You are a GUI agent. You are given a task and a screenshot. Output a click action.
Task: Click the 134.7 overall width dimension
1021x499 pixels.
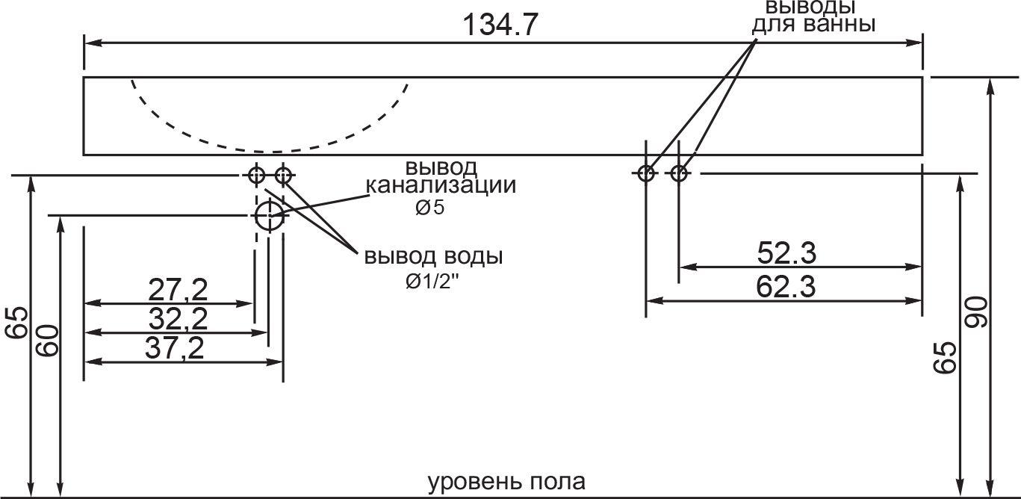(500, 25)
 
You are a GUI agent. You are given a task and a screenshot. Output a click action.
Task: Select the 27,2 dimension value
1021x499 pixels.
(177, 289)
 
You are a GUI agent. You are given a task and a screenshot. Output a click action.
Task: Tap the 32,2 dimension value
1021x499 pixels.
(177, 319)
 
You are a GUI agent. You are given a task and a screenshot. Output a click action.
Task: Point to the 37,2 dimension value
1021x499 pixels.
(177, 347)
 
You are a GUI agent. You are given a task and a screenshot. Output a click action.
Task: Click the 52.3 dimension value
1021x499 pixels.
(786, 254)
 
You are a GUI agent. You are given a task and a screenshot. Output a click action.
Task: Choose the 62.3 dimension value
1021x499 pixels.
(786, 286)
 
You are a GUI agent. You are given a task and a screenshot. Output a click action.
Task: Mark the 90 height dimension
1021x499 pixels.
(976, 312)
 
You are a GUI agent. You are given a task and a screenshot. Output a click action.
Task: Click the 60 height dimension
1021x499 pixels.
(47, 341)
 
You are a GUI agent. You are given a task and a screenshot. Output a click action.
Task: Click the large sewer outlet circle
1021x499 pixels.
(268, 216)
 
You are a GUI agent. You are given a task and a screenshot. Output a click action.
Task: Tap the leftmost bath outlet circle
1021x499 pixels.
(646, 174)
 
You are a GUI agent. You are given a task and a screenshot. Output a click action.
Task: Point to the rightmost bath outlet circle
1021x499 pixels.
(678, 174)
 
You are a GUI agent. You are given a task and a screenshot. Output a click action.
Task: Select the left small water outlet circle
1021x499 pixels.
(256, 176)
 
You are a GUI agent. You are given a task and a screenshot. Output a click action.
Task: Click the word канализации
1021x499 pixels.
(440, 185)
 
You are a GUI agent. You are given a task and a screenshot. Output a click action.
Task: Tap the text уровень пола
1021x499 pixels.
(506, 481)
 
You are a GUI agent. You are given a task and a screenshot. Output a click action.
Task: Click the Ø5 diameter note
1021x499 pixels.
(429, 208)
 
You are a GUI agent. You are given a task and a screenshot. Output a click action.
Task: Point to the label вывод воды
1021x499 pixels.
(433, 257)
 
